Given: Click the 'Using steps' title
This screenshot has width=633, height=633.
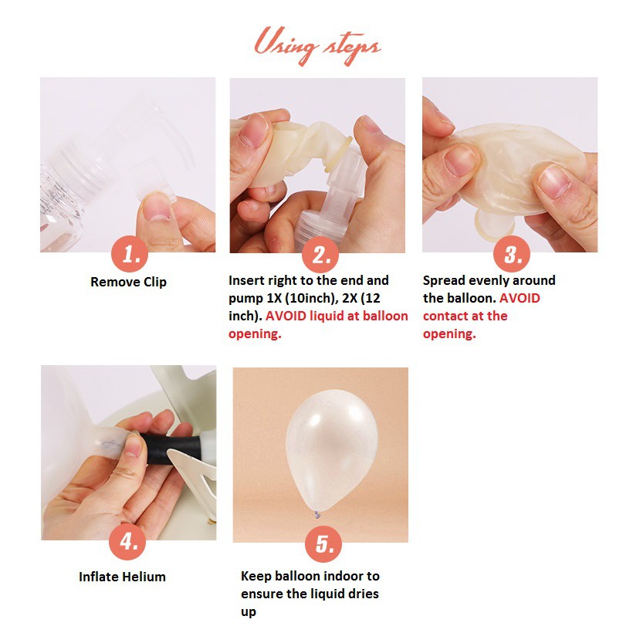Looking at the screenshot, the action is coord(317,46).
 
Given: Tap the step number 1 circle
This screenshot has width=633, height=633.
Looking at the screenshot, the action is coord(130,254).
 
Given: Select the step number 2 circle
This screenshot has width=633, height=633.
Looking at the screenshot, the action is coord(320,254).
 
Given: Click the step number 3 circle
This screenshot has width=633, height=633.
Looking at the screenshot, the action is coord(512,254).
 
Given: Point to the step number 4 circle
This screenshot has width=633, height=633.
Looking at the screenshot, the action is coord(127,541).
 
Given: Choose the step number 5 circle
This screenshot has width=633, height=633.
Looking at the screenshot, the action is coord(323,543).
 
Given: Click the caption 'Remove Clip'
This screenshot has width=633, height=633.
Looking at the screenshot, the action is coord(128,282).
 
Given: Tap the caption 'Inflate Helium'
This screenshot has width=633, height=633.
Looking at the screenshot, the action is coord(122,577).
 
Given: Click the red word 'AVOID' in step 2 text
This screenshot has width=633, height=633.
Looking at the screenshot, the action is coord(286,316).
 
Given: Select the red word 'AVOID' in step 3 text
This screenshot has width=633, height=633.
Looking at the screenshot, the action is coord(520,298).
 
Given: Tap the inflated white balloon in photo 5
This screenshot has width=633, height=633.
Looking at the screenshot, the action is coord(331,450).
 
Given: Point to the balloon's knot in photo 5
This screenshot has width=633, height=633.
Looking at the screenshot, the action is coord(318,515).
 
